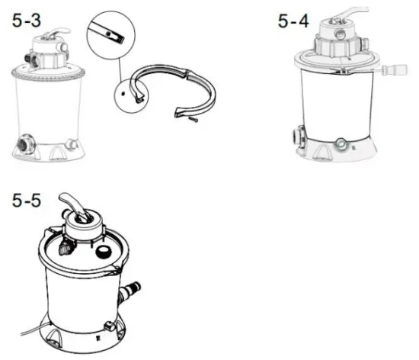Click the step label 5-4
coord(293,21)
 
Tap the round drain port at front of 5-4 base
coord(340,141)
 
